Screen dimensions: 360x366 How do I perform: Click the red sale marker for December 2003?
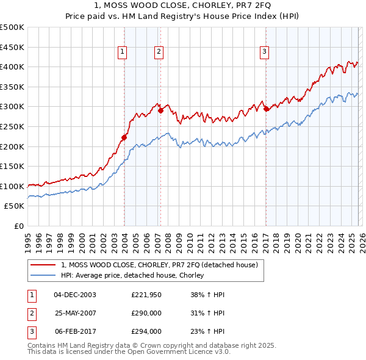124,137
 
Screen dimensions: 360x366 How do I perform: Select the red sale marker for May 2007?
161,110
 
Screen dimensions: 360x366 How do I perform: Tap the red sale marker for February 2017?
266,109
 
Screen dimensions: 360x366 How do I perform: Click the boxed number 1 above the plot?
123,52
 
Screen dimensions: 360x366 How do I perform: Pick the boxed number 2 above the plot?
159,52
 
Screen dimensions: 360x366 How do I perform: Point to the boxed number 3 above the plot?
265,52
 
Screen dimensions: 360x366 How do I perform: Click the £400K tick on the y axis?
12,67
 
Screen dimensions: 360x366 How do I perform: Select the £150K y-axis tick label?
12,166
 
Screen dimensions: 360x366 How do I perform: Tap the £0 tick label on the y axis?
19,226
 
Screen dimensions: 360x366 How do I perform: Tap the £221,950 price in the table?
146,295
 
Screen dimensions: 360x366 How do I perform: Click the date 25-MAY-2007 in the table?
75,313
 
